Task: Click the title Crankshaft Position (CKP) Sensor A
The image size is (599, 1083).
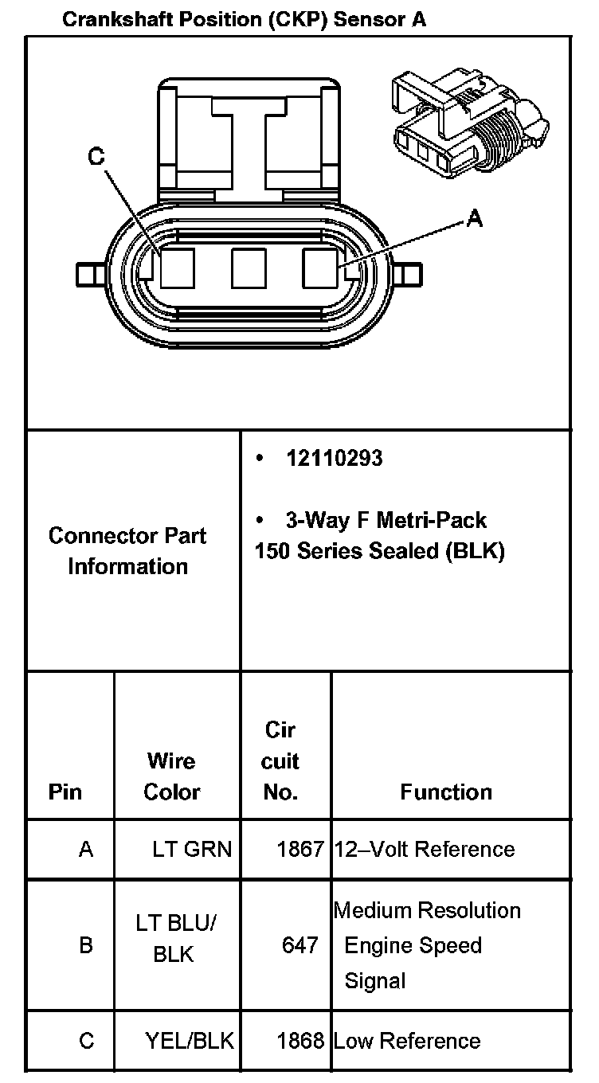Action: tap(245, 20)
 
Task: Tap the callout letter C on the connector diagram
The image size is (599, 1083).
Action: tap(96, 156)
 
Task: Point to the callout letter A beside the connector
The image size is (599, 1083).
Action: tap(474, 218)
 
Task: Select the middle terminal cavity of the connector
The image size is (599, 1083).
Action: tap(249, 268)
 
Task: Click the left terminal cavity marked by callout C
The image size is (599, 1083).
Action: tap(178, 268)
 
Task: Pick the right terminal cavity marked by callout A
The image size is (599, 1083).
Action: tap(319, 268)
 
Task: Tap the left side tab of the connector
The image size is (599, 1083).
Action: tap(90, 275)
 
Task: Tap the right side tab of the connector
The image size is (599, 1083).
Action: tap(407, 275)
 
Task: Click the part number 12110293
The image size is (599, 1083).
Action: tap(334, 458)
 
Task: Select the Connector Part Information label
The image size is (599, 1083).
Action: tap(127, 551)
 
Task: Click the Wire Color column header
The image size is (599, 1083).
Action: tap(171, 776)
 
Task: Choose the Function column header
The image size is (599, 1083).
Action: tap(446, 792)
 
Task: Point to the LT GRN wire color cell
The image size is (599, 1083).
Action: tap(192, 849)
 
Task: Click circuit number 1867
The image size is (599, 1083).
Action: tap(300, 849)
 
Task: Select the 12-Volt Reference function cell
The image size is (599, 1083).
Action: tap(425, 849)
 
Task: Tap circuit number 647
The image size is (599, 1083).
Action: tap(300, 944)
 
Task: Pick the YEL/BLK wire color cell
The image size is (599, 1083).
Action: tap(190, 1041)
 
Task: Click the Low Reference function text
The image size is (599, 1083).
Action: tap(407, 1041)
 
